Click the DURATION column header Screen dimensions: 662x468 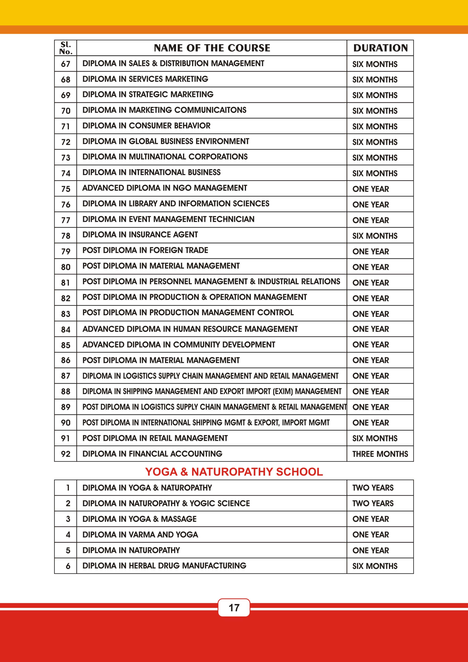tap(380, 48)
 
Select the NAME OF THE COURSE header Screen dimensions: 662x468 tap(212, 48)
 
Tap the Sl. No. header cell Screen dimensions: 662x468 tap(66, 48)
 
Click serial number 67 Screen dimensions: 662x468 tap(66, 64)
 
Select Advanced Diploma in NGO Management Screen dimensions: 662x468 tap(165, 188)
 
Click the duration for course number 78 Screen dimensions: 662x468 tap(375, 236)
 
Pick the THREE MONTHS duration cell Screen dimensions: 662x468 tap(380, 454)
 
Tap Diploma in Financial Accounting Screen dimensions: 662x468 tap(152, 454)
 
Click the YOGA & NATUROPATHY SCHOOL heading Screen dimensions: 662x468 tap(234, 472)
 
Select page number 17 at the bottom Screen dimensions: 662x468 tap(234, 607)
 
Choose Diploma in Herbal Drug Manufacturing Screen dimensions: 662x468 tap(164, 566)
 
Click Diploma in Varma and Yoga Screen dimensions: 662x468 tap(140, 534)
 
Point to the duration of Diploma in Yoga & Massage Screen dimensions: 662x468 tap(371, 519)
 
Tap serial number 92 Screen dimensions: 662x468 tap(66, 454)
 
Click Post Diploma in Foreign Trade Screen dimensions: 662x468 tap(145, 250)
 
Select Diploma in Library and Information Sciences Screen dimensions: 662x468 tap(176, 204)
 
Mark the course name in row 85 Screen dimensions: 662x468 tap(179, 344)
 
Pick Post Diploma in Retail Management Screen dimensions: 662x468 tap(155, 438)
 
